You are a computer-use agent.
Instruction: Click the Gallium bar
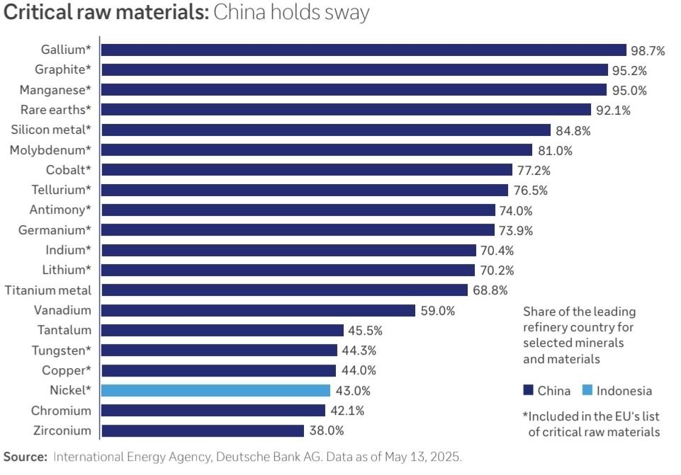364,50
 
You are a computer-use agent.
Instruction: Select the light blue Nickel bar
215,390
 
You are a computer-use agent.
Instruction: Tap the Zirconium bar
203,430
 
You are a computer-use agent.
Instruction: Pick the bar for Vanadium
258,310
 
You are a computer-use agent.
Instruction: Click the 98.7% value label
648,50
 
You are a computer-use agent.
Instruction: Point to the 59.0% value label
437,311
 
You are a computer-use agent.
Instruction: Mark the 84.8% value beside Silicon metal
573,130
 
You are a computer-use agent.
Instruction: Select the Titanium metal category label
48,290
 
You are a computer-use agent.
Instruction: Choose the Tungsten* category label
61,350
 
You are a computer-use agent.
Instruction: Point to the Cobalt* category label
69,170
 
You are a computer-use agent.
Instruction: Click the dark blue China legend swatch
528,391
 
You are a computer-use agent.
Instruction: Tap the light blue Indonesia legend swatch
587,391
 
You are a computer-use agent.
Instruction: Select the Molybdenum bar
317,150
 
